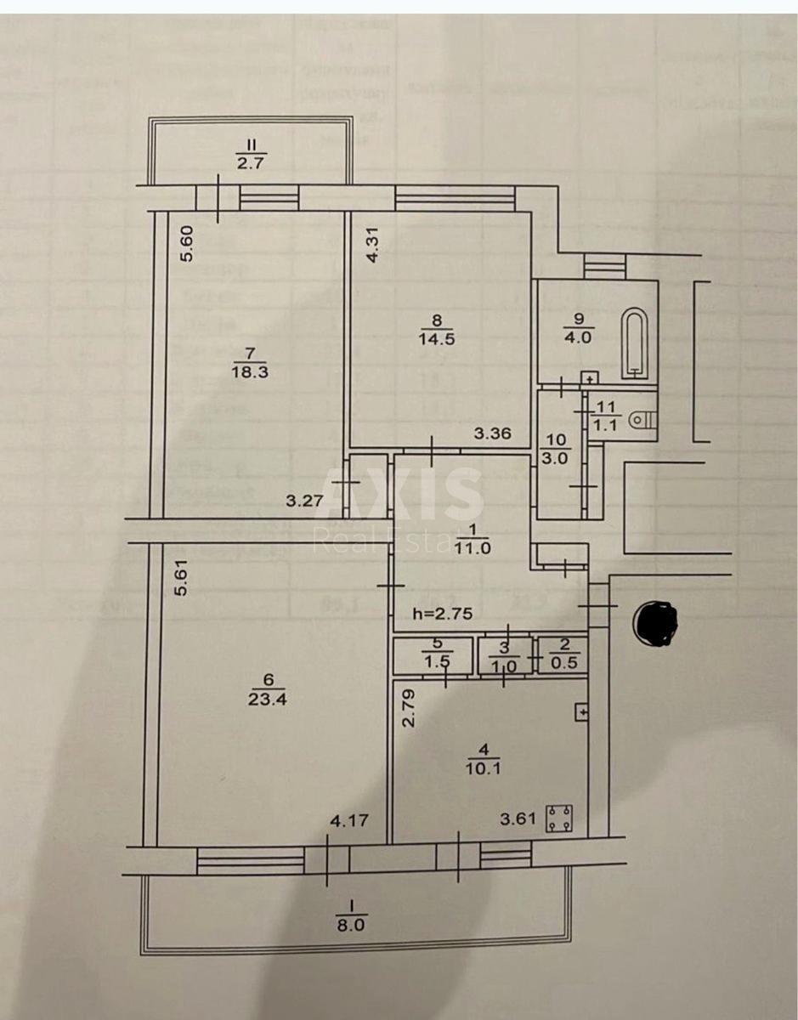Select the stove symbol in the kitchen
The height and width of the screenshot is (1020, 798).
[x=558, y=819]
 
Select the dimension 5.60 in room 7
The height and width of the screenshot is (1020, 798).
[x=190, y=244]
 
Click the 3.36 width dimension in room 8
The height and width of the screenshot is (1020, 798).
[x=492, y=434]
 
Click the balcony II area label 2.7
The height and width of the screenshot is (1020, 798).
[x=250, y=163]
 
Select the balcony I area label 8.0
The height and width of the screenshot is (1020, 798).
[x=351, y=926]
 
